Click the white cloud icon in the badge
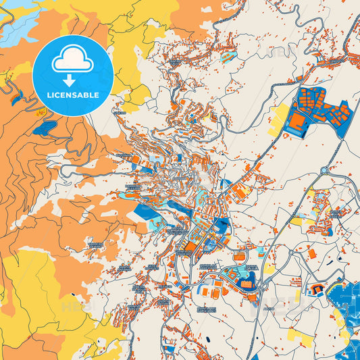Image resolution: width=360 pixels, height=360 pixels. pos(72,61)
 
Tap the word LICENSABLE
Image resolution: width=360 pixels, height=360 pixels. pos(72,95)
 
